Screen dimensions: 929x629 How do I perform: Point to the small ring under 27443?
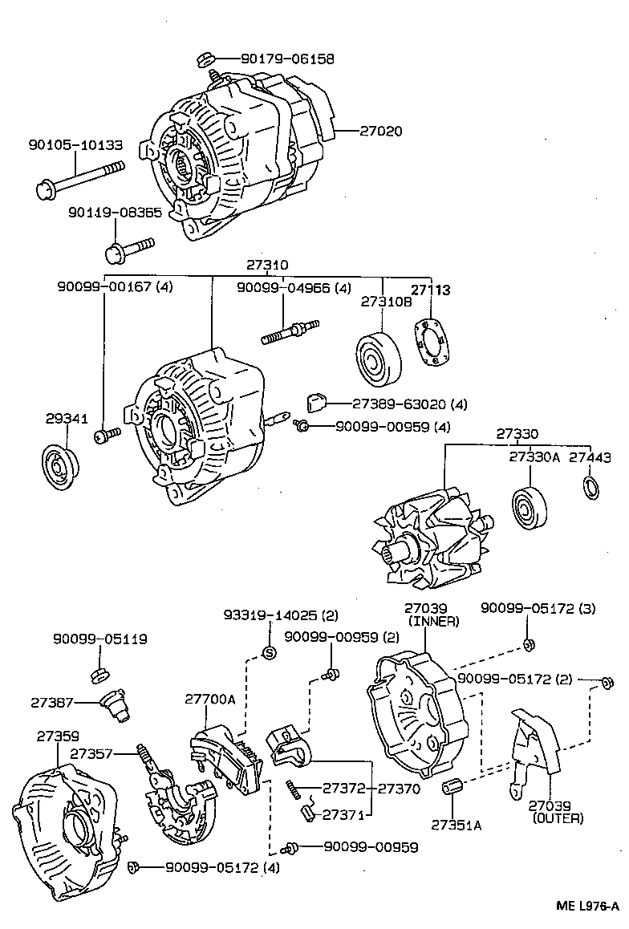coord(590,486)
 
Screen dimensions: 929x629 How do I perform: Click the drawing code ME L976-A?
coord(587,907)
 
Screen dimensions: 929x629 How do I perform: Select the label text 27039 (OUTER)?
coord(558,812)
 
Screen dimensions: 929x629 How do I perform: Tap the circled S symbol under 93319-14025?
coord(269,652)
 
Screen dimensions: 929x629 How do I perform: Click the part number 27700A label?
coord(210,700)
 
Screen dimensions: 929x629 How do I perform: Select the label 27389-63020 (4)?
coord(399,404)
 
